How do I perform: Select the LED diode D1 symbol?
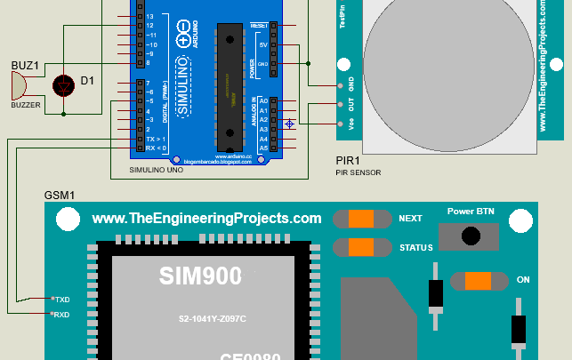[x=63, y=84]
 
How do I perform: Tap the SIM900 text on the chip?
[x=200, y=276]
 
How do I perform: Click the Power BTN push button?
[x=467, y=236]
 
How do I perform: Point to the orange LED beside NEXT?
[x=361, y=219]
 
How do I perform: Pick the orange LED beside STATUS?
[x=361, y=247]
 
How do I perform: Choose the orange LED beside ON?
[x=478, y=280]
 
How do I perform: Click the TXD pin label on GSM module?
[x=60, y=300]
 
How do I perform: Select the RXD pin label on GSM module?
[x=60, y=315]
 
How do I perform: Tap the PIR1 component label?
[x=348, y=161]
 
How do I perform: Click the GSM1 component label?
[x=60, y=195]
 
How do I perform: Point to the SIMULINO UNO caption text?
[x=157, y=169]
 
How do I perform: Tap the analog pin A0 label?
[x=263, y=101]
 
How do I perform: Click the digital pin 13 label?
[x=150, y=17]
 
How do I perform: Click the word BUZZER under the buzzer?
[x=26, y=105]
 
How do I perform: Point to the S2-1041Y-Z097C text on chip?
[x=212, y=319]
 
